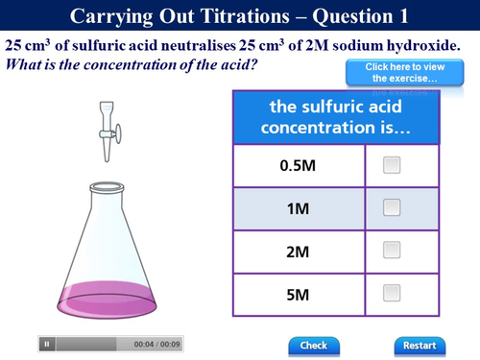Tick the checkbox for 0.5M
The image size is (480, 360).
pos(391,165)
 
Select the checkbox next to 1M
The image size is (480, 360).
pos(391,207)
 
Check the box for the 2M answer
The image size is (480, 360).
pos(391,251)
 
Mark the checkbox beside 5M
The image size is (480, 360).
pos(391,293)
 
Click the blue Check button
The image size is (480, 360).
pos(313,345)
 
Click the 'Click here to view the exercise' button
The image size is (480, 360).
pos(390,72)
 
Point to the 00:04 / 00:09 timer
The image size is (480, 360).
pos(157,344)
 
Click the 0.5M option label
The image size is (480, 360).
pos(298,165)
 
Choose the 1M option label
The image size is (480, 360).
pos(298,207)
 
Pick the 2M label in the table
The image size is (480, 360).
pos(298,251)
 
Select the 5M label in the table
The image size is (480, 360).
pos(298,293)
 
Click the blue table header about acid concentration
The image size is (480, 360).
pos(335,117)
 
